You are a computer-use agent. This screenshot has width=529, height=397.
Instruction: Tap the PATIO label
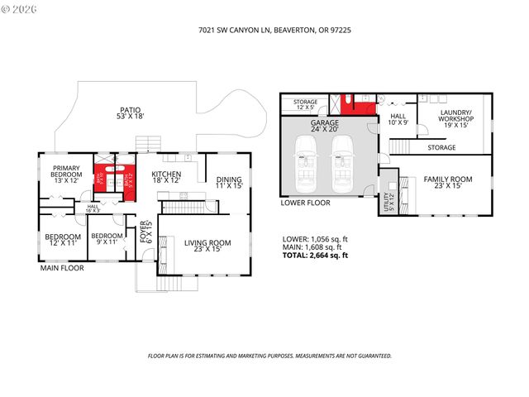[129, 113]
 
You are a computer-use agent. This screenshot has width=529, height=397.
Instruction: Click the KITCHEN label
[166, 178]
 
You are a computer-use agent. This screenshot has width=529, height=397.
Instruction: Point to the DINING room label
[229, 183]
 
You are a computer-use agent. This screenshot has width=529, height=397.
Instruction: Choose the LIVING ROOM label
[207, 246]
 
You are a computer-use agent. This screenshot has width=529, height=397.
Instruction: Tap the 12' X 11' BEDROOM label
[63, 240]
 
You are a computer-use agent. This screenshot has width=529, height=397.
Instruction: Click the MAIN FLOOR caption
[62, 268]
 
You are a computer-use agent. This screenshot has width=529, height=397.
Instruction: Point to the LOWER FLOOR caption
[306, 202]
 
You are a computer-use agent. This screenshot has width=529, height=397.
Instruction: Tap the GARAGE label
[325, 126]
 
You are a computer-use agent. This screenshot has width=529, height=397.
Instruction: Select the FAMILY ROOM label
[448, 182]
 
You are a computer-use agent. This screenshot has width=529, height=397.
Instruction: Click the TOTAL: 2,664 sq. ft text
[315, 256]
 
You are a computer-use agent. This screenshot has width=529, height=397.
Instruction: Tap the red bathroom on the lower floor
[360, 104]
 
